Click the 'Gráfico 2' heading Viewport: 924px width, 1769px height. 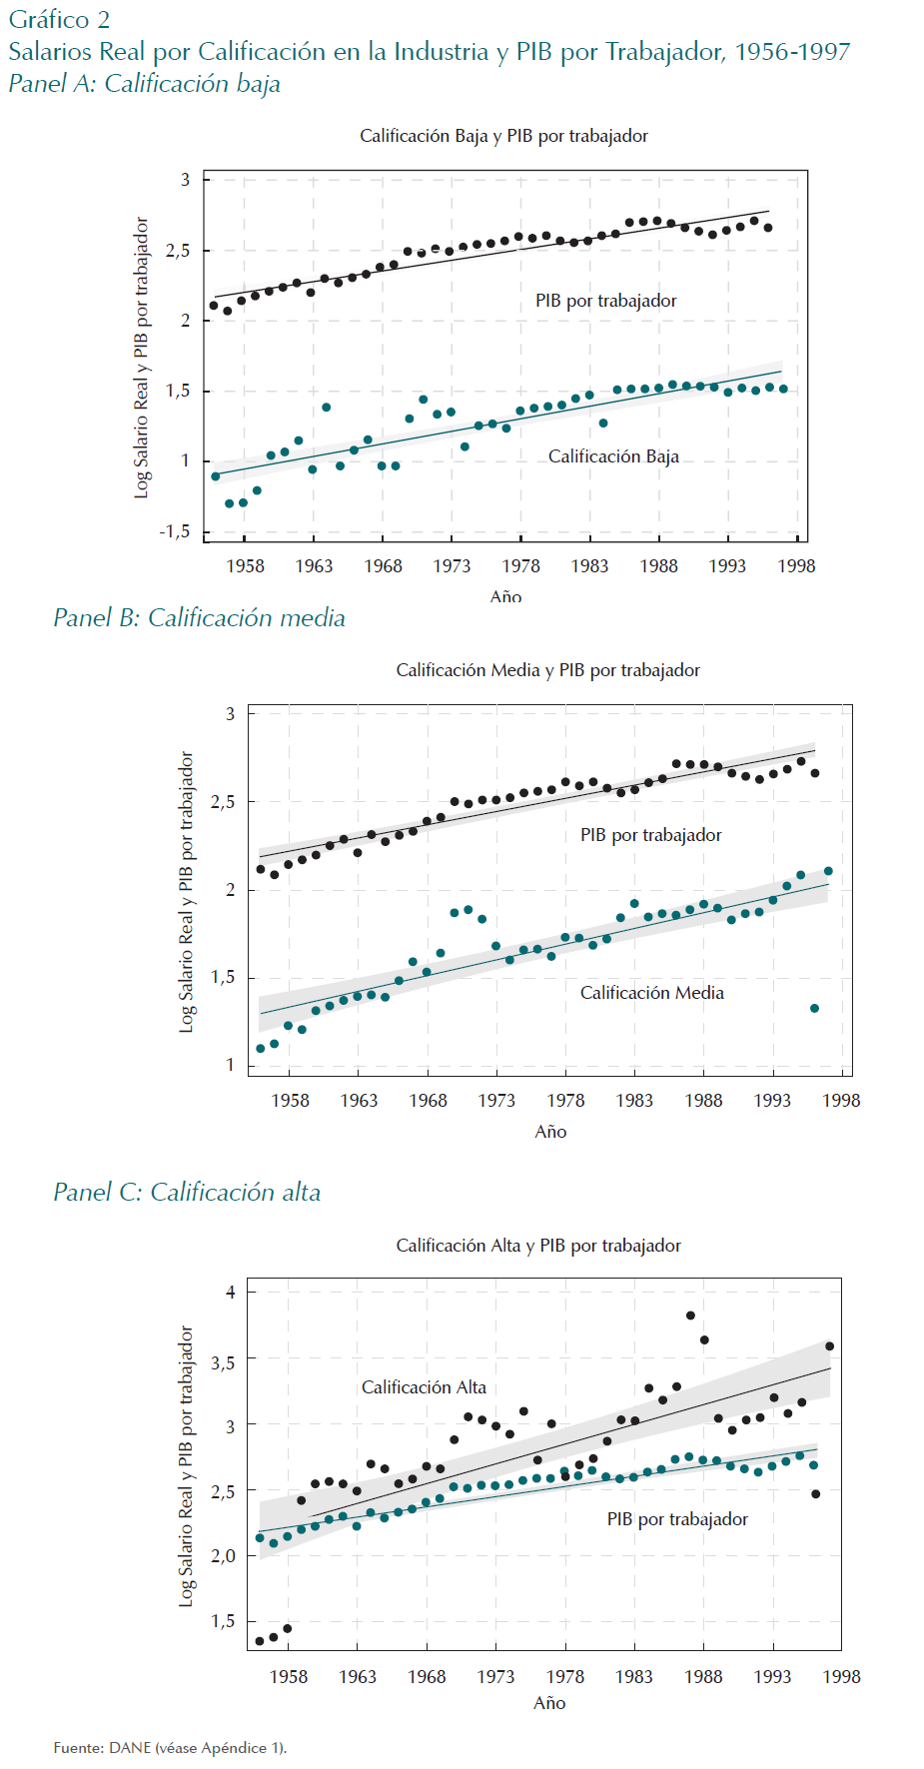[x=59, y=20]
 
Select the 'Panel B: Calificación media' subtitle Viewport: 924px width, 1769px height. [x=199, y=618]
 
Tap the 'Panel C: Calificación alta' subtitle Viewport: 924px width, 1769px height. [x=187, y=1193]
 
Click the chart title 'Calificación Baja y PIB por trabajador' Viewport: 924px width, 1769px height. [x=503, y=136]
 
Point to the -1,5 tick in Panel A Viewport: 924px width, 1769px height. [x=175, y=531]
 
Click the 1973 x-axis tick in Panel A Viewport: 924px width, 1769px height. [x=452, y=566]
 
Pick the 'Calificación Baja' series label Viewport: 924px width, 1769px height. [x=613, y=456]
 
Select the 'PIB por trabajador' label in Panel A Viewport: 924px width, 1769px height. [x=605, y=301]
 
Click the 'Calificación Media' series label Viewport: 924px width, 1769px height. [x=651, y=993]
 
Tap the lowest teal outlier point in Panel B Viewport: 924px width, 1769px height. [x=814, y=1009]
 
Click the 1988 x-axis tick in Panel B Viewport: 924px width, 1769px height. [x=703, y=1101]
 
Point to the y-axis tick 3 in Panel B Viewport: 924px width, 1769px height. [x=231, y=714]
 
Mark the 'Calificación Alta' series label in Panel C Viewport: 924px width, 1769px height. [x=424, y=1387]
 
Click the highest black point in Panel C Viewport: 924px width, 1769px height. [x=690, y=1316]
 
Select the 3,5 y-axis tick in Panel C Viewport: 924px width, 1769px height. [x=223, y=1362]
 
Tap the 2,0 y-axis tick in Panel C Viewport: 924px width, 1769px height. [x=223, y=1555]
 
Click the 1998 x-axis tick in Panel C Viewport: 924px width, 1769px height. [x=841, y=1677]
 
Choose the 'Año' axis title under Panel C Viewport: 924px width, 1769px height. [x=549, y=1703]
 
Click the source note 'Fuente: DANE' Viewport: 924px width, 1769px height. [x=170, y=1748]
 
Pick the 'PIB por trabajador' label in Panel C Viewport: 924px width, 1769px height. [x=677, y=1519]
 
